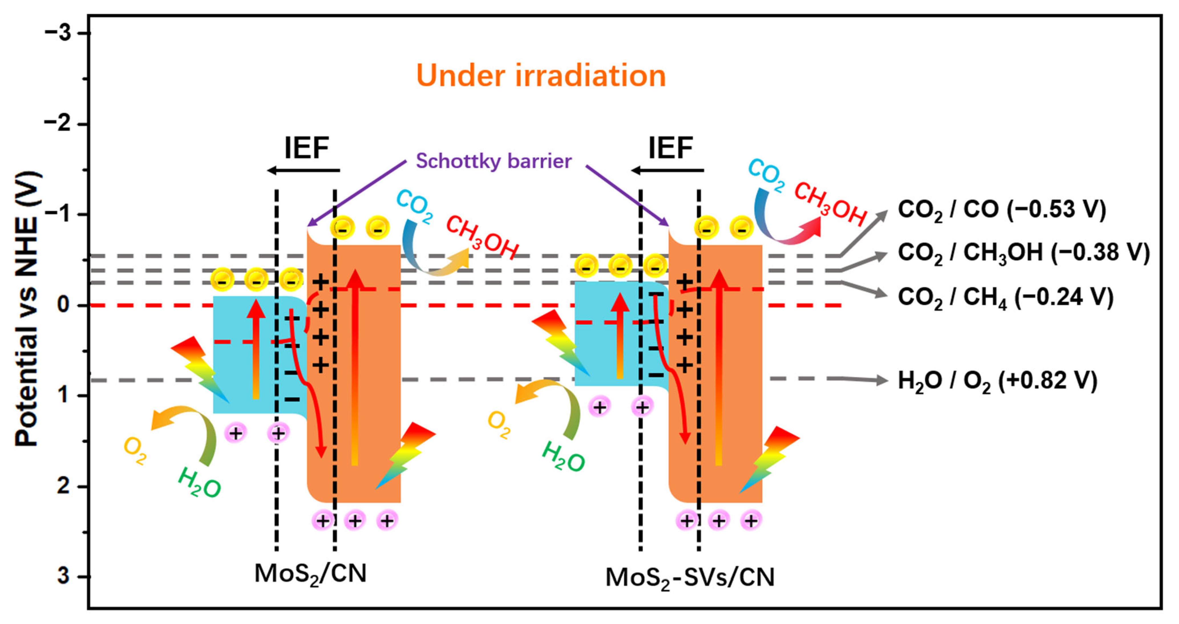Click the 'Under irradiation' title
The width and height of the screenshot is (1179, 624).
pyautogui.click(x=541, y=76)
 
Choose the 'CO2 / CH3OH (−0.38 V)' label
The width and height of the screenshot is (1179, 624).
pyautogui.click(x=1023, y=253)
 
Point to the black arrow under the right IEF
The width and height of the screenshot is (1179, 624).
pyautogui.click(x=667, y=171)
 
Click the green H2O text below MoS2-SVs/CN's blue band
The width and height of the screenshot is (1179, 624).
pyautogui.click(x=563, y=457)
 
